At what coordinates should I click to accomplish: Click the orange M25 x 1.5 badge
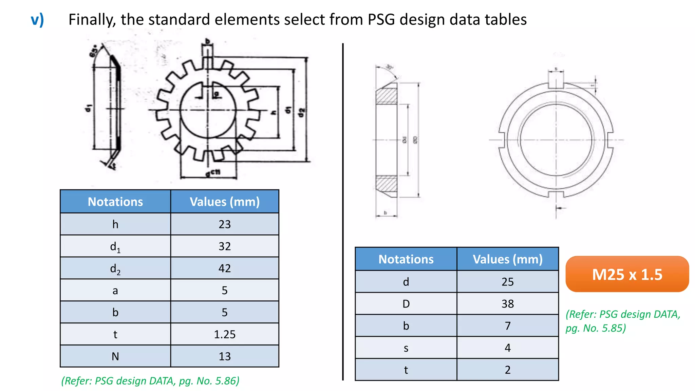click(x=627, y=274)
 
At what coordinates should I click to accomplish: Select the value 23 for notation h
click(x=224, y=224)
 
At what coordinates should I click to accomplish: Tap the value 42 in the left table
click(x=224, y=268)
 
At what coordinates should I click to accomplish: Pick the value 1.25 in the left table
click(x=224, y=335)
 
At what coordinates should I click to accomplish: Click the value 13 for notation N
click(x=224, y=356)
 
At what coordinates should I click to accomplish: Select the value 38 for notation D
click(x=507, y=304)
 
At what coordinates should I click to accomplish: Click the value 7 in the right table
click(x=507, y=326)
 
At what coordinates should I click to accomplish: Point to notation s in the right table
click(x=406, y=348)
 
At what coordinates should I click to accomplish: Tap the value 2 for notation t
click(x=507, y=370)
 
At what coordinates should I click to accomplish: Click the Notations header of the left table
click(x=115, y=202)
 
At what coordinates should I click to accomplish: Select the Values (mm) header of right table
click(x=507, y=259)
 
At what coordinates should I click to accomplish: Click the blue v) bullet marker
click(x=37, y=20)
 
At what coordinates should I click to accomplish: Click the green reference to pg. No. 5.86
click(x=150, y=381)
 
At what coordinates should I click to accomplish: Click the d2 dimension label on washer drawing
click(x=301, y=112)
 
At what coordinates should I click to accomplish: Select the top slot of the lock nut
click(x=556, y=80)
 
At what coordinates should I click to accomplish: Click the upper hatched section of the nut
click(x=387, y=96)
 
